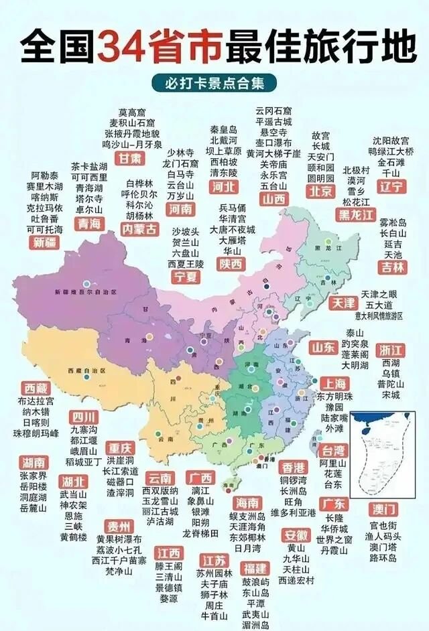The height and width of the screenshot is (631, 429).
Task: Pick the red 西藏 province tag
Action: point(36,388)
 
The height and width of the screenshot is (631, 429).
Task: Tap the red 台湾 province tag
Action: point(333,449)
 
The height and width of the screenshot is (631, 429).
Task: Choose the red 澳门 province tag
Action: point(385,508)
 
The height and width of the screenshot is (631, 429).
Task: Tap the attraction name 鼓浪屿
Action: point(255,581)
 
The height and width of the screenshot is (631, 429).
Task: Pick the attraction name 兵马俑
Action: point(232,208)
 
